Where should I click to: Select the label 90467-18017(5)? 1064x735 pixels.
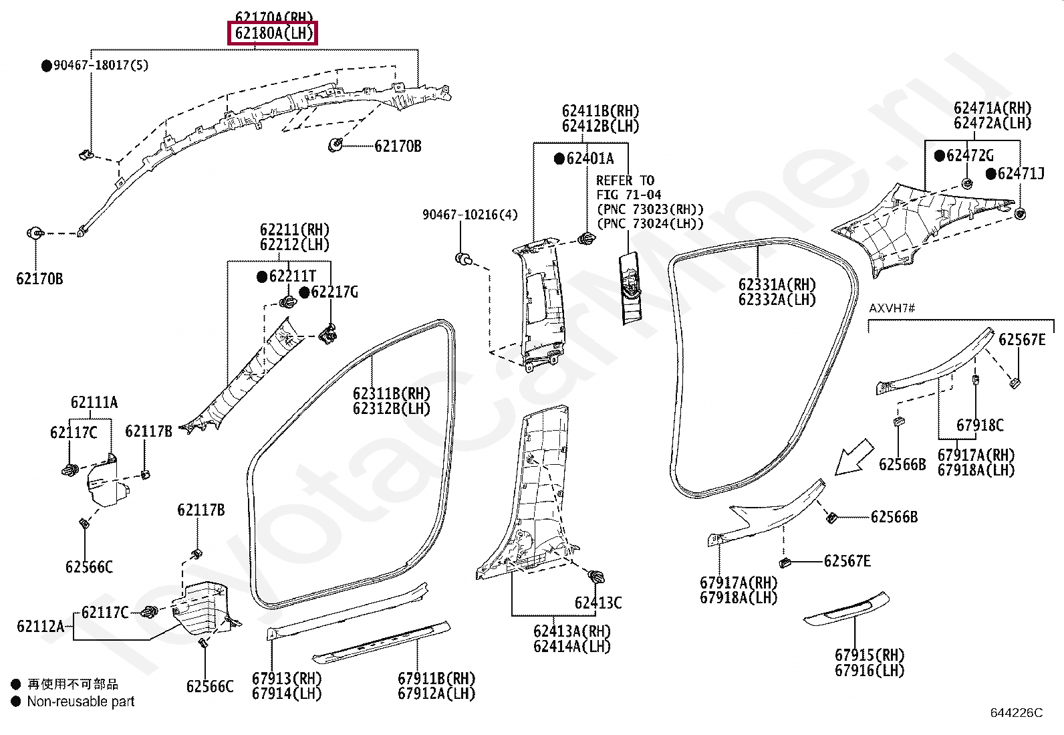pos(101,65)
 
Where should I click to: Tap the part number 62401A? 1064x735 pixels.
pos(589,159)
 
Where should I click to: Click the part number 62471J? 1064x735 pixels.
pos(1021,174)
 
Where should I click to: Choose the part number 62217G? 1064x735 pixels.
pos(334,292)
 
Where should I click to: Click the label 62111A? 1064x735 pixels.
pos(94,402)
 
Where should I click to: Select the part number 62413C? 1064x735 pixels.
pos(598,603)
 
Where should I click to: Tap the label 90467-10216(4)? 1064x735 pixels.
pos(470,215)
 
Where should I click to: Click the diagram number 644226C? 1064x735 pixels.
pos(1017,713)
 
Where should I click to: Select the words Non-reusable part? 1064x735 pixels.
pos(80,702)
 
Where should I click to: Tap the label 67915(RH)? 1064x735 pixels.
pos(870,655)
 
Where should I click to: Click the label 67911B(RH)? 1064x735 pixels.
pos(437,678)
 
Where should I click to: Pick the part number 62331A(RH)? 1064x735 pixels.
pos(777,284)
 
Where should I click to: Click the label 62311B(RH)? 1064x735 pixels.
pos(392,393)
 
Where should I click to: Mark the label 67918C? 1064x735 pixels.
pos(980,425)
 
